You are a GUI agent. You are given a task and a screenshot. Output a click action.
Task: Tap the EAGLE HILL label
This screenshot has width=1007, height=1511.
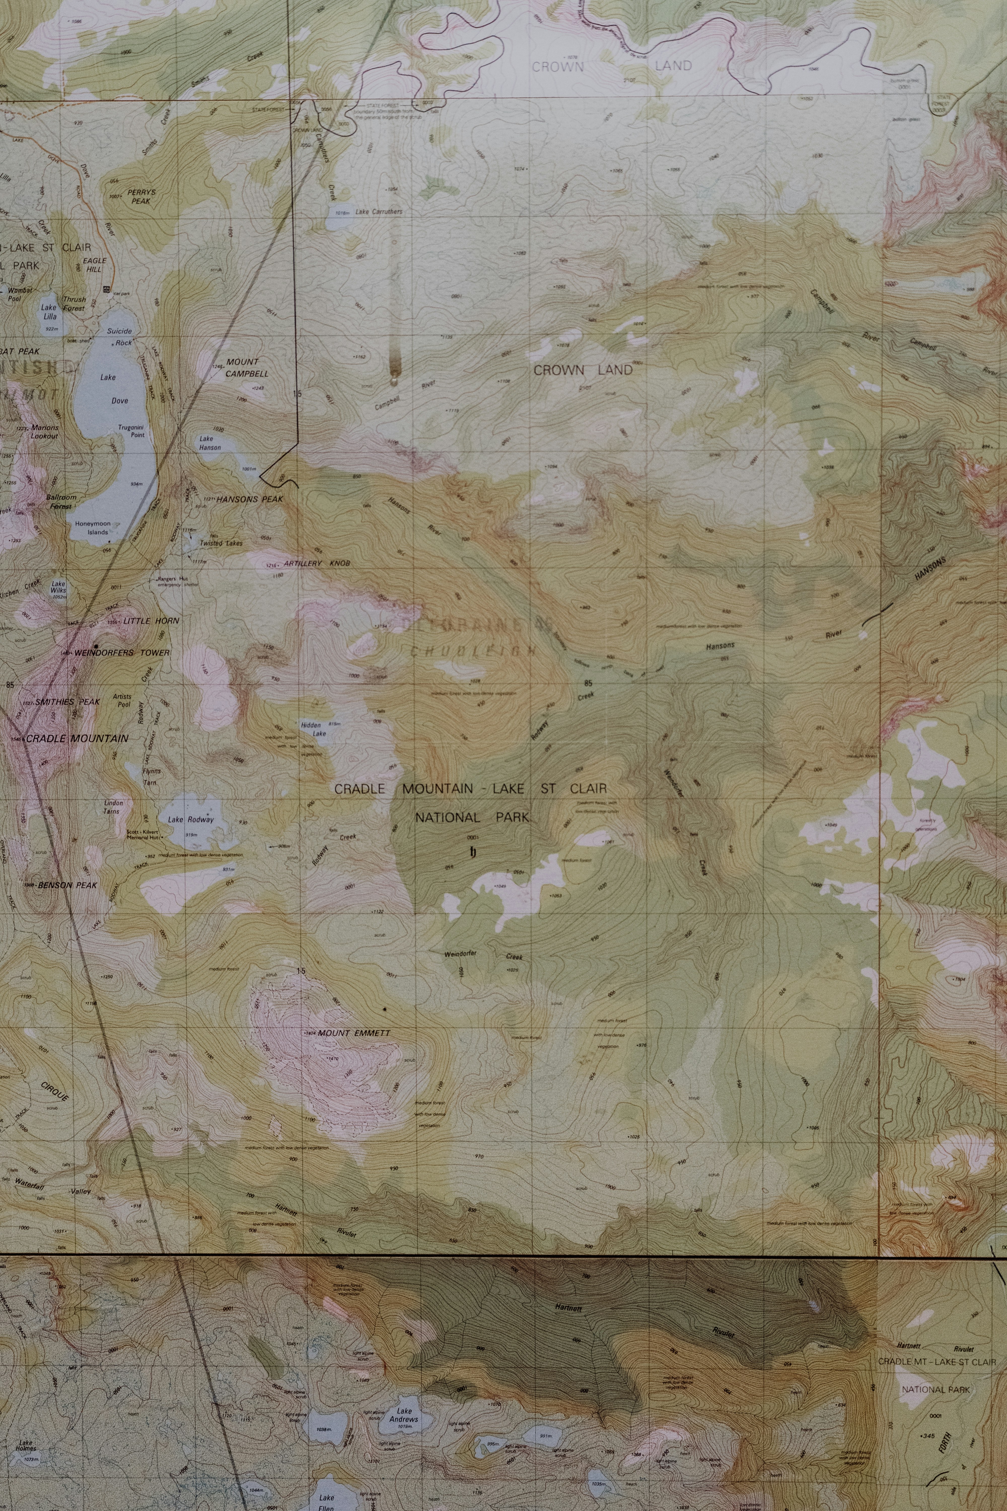tap(94, 265)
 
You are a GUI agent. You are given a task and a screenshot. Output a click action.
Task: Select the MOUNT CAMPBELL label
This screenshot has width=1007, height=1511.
tap(246, 367)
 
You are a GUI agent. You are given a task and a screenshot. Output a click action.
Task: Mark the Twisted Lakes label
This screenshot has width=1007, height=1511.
tap(221, 543)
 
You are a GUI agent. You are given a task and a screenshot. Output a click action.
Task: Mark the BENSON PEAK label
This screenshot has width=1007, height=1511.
tap(67, 885)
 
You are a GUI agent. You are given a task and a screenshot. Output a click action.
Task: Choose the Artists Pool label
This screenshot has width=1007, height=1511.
tap(122, 700)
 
